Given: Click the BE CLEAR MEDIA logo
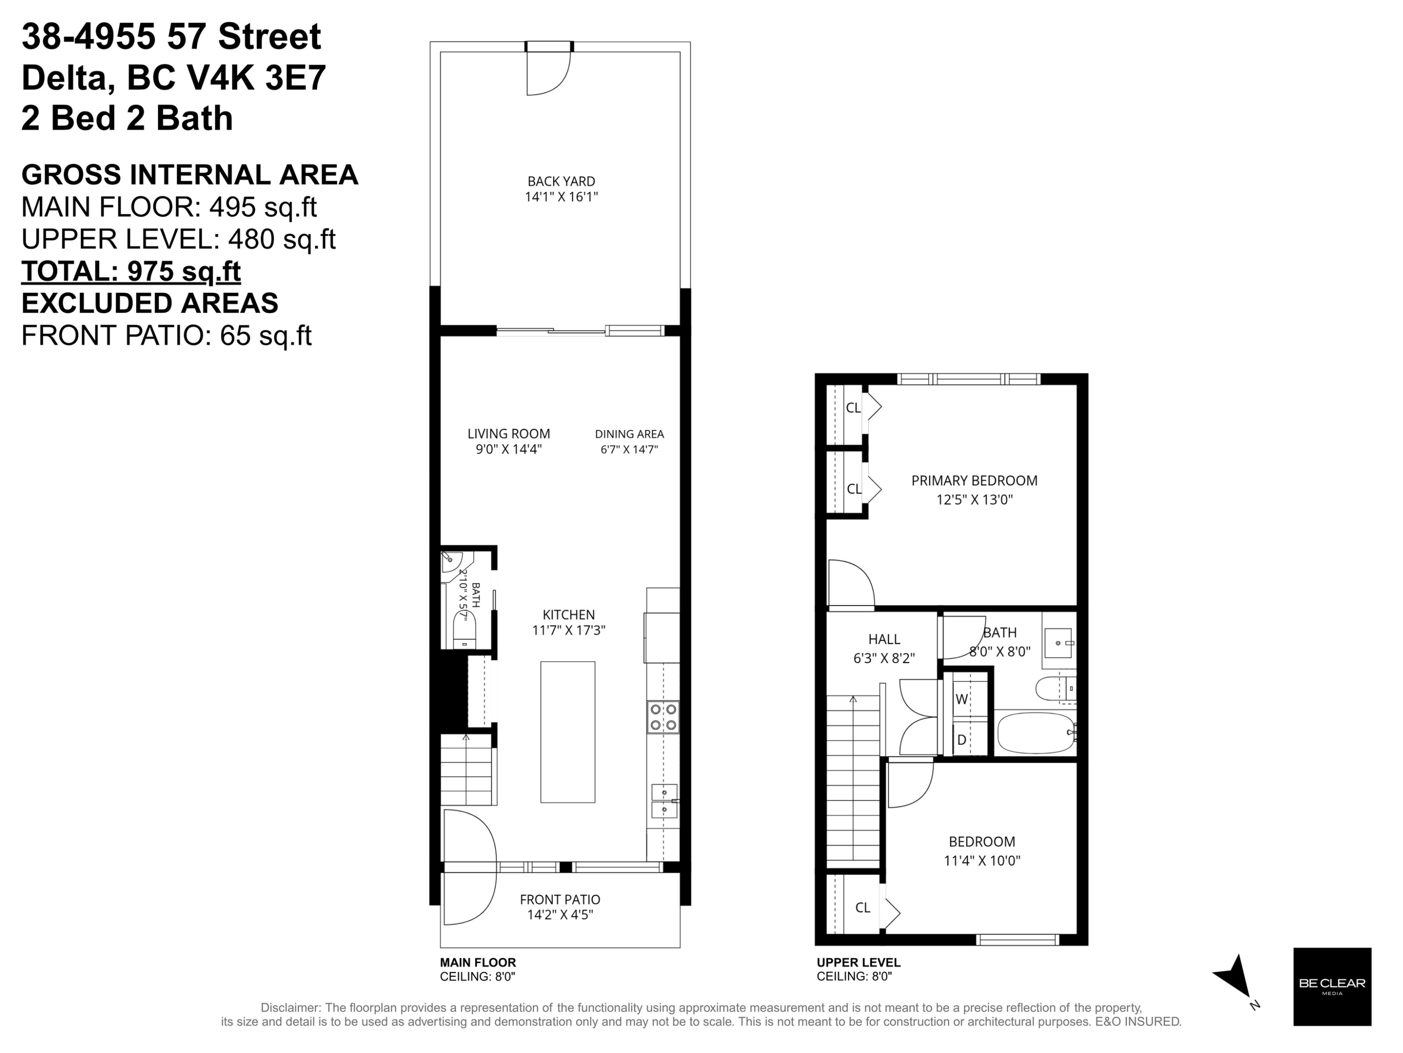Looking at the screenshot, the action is (x=1332, y=987).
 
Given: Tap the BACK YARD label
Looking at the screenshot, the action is (x=561, y=182).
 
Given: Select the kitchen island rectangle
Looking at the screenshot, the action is (x=568, y=732).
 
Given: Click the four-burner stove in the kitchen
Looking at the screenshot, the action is (x=663, y=717).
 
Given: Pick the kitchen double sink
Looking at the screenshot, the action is (x=664, y=801).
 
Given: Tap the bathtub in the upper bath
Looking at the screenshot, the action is (x=1036, y=732).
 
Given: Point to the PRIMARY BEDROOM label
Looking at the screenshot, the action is (x=974, y=481).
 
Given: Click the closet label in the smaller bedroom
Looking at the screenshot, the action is (x=862, y=907).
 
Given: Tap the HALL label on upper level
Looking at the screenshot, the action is (x=884, y=639).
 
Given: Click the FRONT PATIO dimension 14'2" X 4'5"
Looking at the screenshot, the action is (x=560, y=914).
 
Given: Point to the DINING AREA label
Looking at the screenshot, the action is (x=629, y=434).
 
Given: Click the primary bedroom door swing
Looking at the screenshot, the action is (x=851, y=583).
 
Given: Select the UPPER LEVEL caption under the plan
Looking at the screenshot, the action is (x=858, y=962).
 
